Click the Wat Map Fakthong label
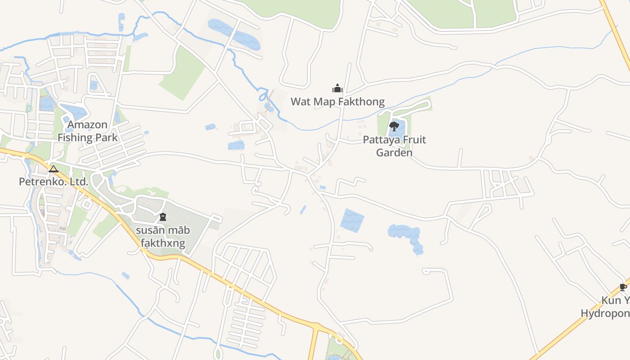pyautogui.click(x=337, y=102)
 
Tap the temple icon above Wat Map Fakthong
pyautogui.click(x=337, y=88)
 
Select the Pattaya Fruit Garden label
pyautogui.click(x=394, y=146)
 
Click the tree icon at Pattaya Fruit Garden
pyautogui.click(x=394, y=126)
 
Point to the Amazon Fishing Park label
pyautogui.click(x=87, y=131)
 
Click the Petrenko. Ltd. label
pyautogui.click(x=54, y=182)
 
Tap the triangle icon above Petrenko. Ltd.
pyautogui.click(x=54, y=169)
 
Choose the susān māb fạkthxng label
pyautogui.click(x=163, y=237)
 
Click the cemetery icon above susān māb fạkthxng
pyautogui.click(x=163, y=217)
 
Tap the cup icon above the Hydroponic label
pyautogui.click(x=623, y=287)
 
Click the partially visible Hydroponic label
pyautogui.click(x=605, y=313)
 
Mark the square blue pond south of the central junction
pyautogui.click(x=352, y=220)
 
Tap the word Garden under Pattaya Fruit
pyautogui.click(x=394, y=153)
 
